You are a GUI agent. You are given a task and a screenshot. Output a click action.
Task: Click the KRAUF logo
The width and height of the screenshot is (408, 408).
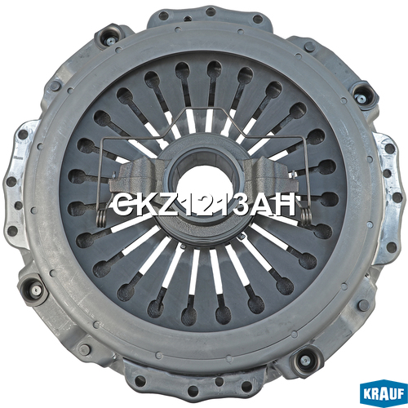pos(384,395)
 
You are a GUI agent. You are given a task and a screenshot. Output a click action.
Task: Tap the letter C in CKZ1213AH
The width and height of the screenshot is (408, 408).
pos(122,204)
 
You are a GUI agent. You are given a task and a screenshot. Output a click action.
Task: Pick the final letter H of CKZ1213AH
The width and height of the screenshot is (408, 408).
pos(284,204)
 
